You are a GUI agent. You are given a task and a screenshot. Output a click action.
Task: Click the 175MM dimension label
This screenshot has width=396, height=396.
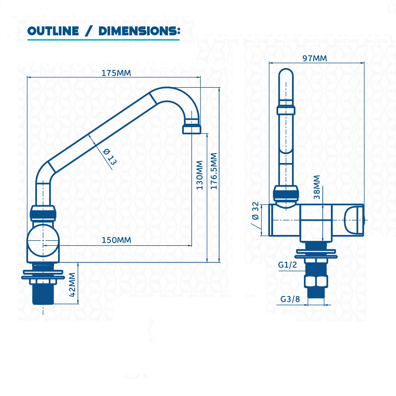tap(116, 73)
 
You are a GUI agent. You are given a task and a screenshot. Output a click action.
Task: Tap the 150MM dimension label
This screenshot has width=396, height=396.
tap(116, 240)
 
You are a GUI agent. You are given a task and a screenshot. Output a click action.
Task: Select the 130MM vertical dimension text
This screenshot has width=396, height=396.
tap(200, 175)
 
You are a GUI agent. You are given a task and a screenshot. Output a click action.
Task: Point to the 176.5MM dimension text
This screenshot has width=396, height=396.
tap(214, 171)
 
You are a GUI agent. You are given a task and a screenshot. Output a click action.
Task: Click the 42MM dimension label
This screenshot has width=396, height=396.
tap(72, 284)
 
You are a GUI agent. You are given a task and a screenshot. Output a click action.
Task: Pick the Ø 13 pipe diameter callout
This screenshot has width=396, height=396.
tap(109, 156)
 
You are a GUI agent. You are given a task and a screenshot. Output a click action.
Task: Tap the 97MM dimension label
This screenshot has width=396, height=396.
tap(314, 58)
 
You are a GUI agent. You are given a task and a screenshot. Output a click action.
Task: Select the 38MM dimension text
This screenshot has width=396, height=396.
tap(317, 187)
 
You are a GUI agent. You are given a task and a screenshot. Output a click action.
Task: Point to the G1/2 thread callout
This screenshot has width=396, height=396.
tap(287, 265)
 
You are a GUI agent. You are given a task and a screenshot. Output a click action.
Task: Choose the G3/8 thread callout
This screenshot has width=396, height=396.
tap(290, 299)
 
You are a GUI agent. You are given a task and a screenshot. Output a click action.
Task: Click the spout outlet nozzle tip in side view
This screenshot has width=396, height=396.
tap(191, 128)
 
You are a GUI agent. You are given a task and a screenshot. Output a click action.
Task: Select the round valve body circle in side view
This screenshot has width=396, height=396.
tap(43, 241)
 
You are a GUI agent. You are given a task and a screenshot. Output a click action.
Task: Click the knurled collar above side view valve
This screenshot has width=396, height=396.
tap(43, 213)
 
